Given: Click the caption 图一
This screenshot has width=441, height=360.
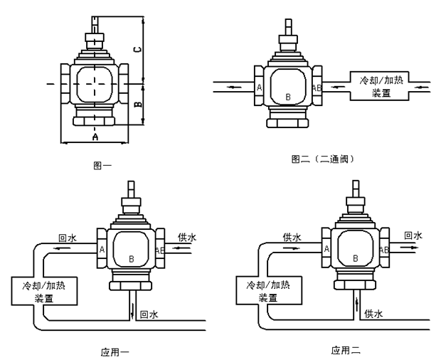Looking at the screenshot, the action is point(102,165).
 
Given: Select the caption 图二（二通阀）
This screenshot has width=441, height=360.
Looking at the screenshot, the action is point(322,159).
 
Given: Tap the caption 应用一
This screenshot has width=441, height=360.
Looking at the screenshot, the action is point(115,352).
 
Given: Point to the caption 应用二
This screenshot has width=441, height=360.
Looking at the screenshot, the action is point(346,350).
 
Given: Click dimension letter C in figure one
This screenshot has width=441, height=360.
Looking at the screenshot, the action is point(137,50).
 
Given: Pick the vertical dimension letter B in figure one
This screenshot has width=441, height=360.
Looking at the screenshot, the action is point(138,105).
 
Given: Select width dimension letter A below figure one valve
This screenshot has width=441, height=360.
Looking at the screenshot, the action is point(95,137).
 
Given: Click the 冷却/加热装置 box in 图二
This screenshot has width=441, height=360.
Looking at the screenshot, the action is point(379,86).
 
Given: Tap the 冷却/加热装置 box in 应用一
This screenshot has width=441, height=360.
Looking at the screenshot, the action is point(44,291).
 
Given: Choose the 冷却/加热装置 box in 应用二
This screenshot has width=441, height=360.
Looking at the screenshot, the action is point(269,290).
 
